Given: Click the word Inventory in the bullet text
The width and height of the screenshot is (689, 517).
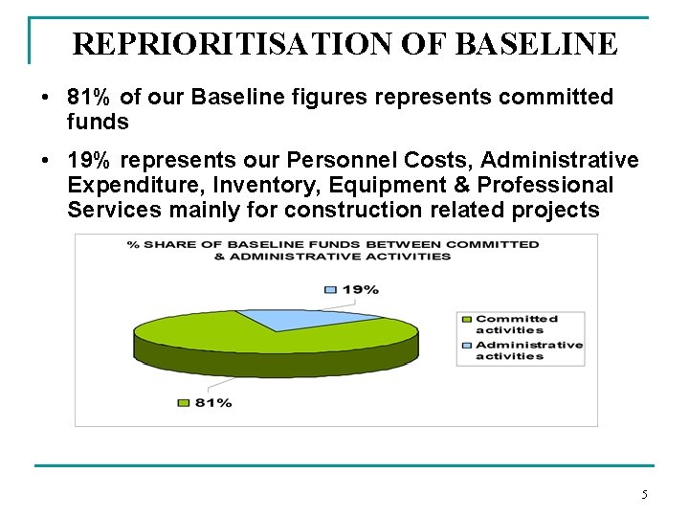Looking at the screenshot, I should tap(294, 184).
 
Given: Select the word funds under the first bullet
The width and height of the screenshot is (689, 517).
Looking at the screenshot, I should tap(98, 123).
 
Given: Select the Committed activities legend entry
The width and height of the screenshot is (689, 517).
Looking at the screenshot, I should tap(516, 324).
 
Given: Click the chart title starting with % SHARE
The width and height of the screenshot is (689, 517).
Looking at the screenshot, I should tap(334, 250).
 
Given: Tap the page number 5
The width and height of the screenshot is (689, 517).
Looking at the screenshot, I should tap(644, 494).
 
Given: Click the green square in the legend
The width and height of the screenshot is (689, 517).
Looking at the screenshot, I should tap(466, 319).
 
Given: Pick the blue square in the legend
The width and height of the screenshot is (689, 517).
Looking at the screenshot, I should tap(466, 345).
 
